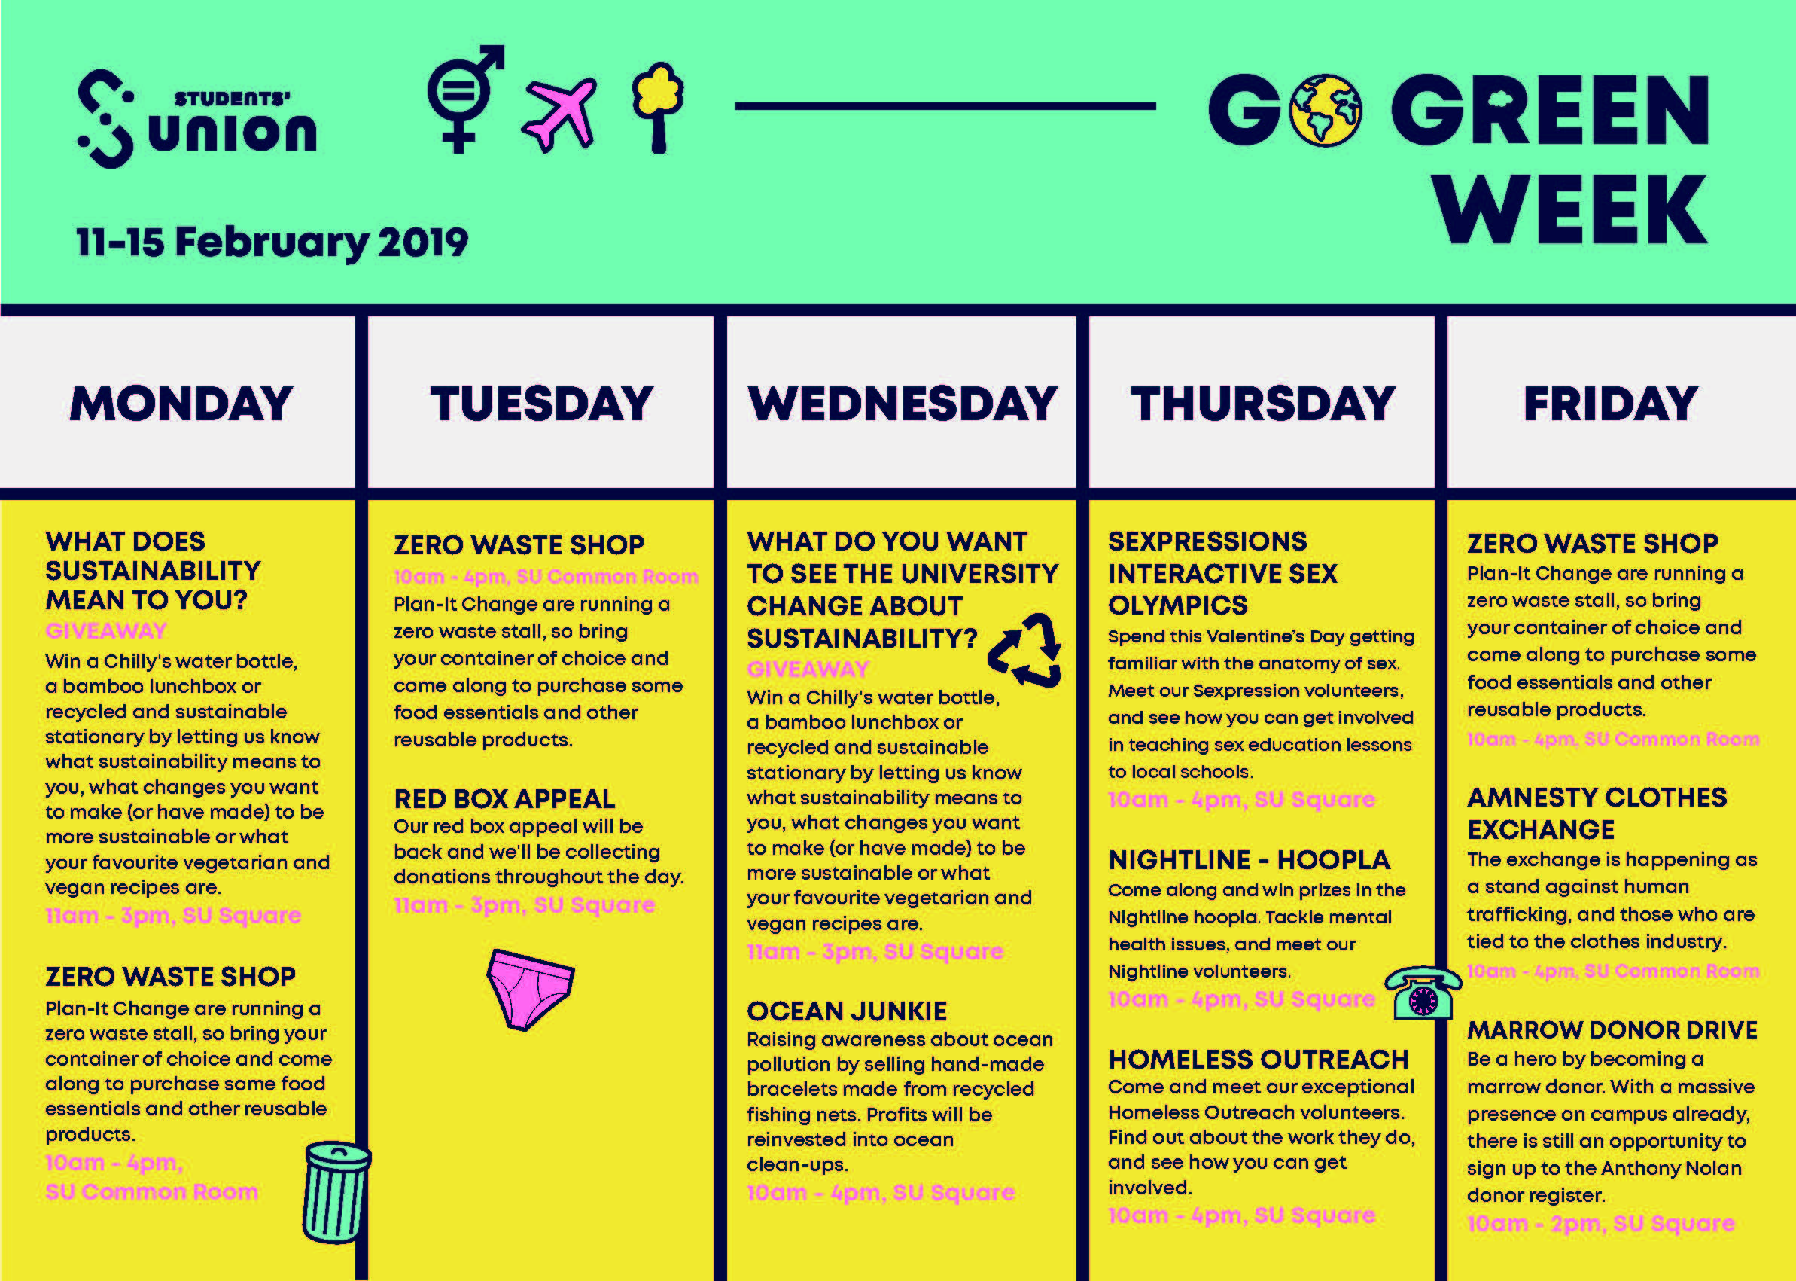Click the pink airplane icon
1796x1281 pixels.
click(559, 114)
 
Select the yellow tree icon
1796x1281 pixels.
click(658, 105)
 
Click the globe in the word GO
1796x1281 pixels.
click(1325, 111)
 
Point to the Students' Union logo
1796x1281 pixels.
click(197, 119)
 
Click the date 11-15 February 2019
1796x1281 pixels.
click(272, 242)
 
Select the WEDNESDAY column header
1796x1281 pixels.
click(902, 404)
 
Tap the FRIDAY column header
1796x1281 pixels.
click(1611, 404)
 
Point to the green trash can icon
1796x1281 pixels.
click(336, 1191)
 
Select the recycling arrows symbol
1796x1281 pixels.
click(1025, 649)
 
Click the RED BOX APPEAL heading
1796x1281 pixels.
click(504, 799)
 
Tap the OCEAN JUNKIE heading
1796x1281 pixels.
click(847, 1011)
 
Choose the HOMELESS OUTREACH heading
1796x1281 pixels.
click(1259, 1060)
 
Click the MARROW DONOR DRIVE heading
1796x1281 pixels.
click(1612, 1030)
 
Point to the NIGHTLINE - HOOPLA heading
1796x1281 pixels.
click(1249, 860)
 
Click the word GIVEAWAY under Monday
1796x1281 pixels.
click(106, 631)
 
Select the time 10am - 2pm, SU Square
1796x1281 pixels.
click(1600, 1224)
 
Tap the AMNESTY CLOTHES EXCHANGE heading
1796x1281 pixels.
click(1597, 813)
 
